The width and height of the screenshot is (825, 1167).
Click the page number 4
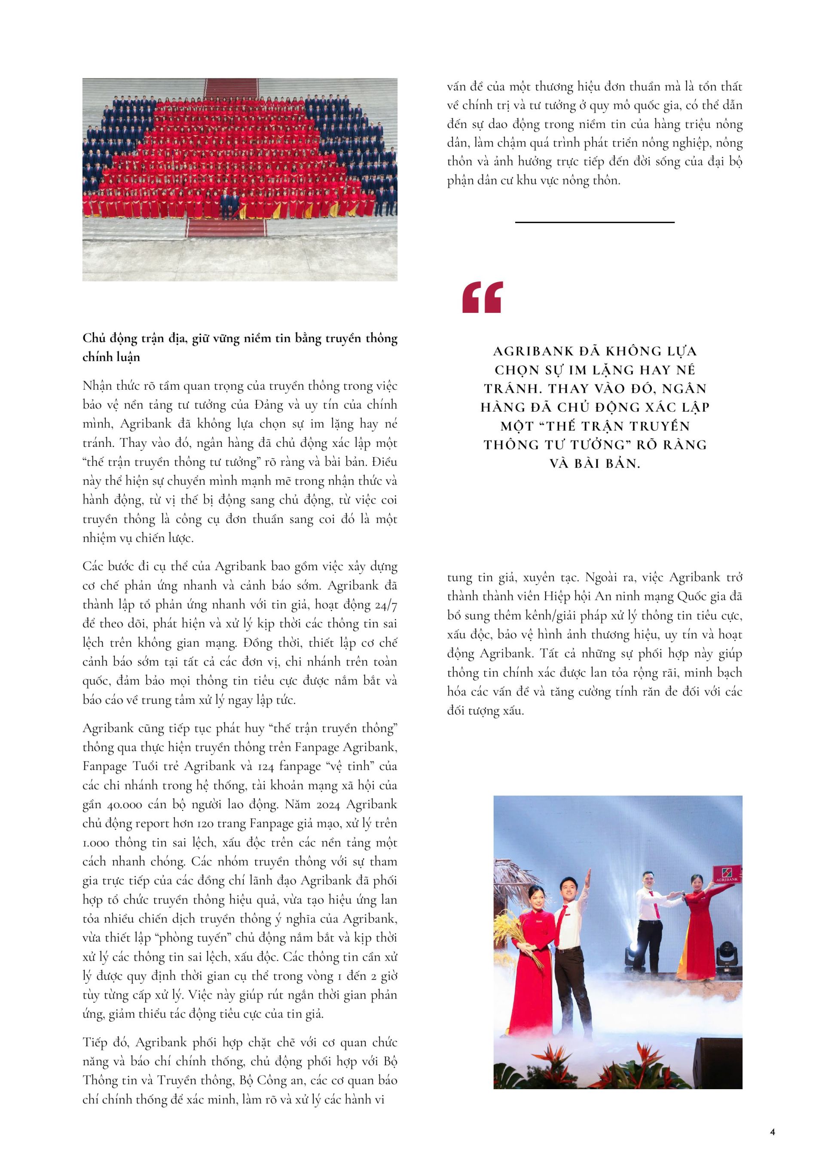(773, 1132)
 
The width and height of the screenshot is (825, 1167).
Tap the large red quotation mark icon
(483, 297)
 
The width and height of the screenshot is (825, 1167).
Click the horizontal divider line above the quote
(595, 222)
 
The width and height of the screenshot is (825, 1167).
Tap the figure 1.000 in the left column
(95, 843)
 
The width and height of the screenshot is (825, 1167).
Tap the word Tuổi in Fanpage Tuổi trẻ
(148, 766)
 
